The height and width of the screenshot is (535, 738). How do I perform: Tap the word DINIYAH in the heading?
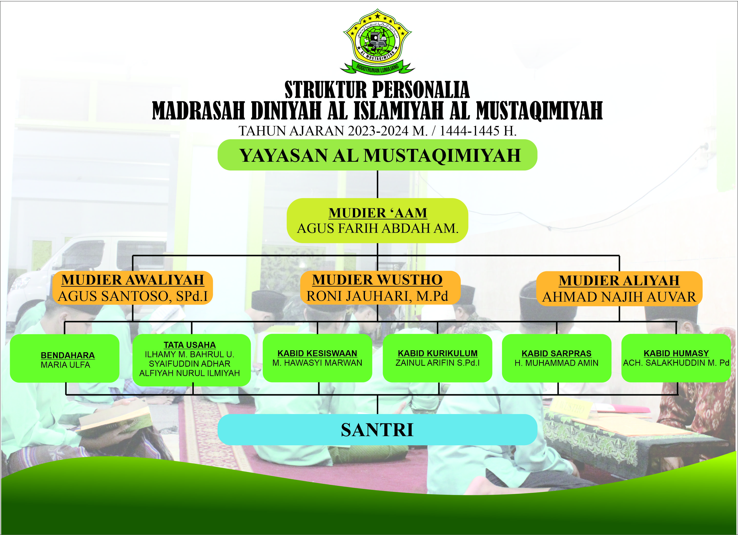pyautogui.click(x=286, y=111)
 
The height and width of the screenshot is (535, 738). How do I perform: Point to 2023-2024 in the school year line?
pyautogui.click(x=378, y=131)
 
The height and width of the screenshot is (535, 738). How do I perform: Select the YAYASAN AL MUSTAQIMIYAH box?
pyautogui.click(x=378, y=155)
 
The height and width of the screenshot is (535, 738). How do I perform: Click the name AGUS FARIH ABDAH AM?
pyautogui.click(x=378, y=228)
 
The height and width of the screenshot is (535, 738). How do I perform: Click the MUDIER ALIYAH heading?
pyautogui.click(x=619, y=281)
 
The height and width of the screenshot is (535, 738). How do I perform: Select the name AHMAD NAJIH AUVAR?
pyautogui.click(x=619, y=297)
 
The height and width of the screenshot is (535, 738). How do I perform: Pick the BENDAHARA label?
pyautogui.click(x=68, y=355)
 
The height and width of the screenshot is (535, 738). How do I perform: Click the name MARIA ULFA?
pyautogui.click(x=65, y=365)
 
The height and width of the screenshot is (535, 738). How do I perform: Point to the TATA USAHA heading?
pyautogui.click(x=190, y=345)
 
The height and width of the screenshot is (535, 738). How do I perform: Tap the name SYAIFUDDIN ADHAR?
pyautogui.click(x=190, y=363)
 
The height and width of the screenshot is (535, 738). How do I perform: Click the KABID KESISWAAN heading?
pyautogui.click(x=317, y=353)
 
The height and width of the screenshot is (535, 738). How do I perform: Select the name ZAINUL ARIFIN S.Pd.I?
pyautogui.click(x=438, y=363)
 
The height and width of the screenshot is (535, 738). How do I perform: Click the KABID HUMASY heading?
pyautogui.click(x=676, y=353)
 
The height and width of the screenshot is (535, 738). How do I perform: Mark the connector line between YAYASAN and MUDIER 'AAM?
pyautogui.click(x=378, y=184)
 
